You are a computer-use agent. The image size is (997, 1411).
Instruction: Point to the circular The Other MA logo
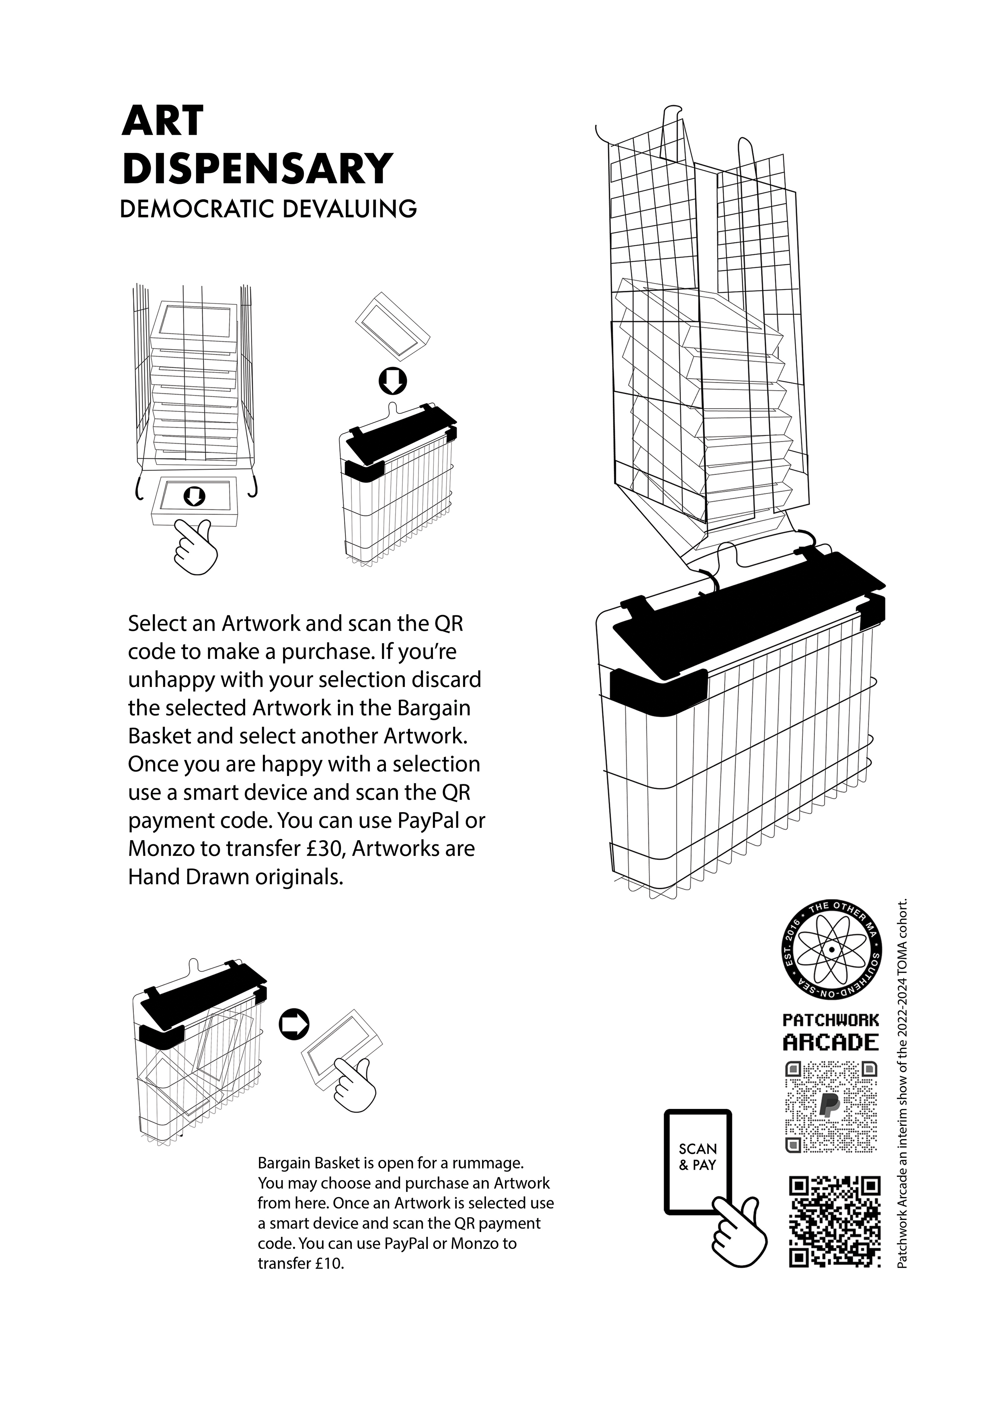831,950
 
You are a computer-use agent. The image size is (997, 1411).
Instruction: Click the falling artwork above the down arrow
392,325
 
